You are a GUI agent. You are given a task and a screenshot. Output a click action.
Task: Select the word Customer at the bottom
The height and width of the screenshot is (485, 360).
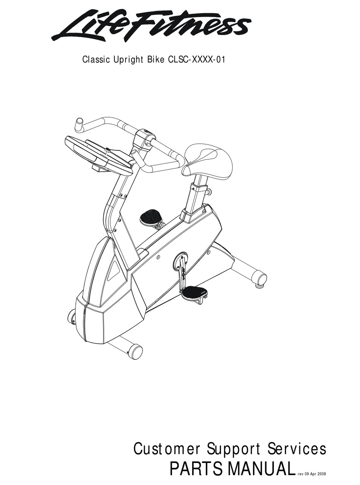167,449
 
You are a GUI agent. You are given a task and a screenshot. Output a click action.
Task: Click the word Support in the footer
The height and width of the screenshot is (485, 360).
234,449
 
